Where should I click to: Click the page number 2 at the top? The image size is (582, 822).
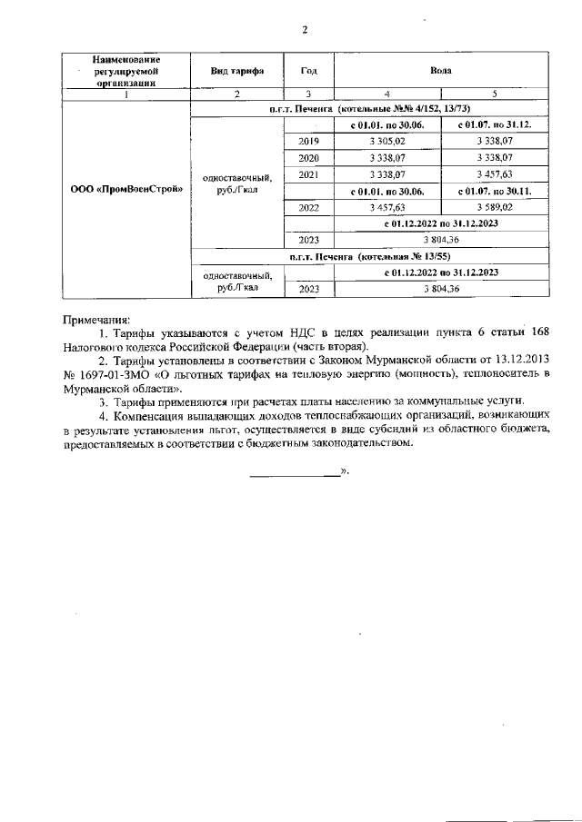pyautogui.click(x=305, y=30)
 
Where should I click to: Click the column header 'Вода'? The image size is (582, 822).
pyautogui.click(x=441, y=70)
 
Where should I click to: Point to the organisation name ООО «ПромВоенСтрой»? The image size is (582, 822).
pyautogui.click(x=126, y=190)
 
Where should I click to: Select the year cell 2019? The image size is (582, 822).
pyautogui.click(x=309, y=141)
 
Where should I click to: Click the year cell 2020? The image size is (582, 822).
pyautogui.click(x=309, y=157)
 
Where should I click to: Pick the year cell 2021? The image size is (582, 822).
pyautogui.click(x=309, y=173)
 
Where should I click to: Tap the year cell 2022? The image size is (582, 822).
pyautogui.click(x=309, y=207)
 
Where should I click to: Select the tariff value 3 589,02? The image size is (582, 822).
pyautogui.click(x=495, y=207)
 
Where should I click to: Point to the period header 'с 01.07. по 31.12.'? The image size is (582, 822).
pyautogui.click(x=495, y=124)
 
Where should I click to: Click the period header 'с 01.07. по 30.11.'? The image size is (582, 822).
pyautogui.click(x=495, y=191)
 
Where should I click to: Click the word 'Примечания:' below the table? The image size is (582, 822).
pyautogui.click(x=96, y=320)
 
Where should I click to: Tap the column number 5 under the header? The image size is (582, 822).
pyautogui.click(x=495, y=94)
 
